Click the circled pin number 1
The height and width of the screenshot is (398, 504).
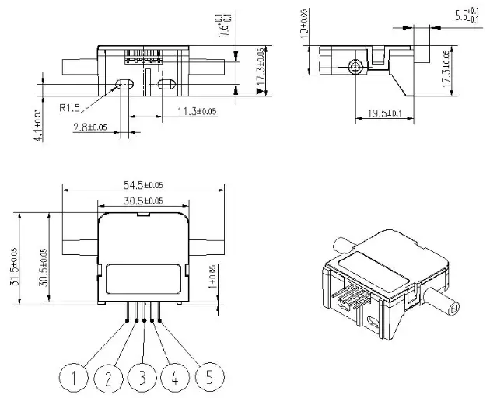[74, 379]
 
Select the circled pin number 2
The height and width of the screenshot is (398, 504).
[108, 379]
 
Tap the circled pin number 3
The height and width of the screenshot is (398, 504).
[142, 379]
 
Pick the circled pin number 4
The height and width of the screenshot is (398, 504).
[176, 379]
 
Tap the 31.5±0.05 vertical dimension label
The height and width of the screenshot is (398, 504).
[15, 267]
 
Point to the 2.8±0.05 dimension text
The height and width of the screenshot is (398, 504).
[90, 126]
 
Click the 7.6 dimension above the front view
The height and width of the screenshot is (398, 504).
[224, 24]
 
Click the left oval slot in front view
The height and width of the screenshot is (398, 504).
[122, 83]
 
